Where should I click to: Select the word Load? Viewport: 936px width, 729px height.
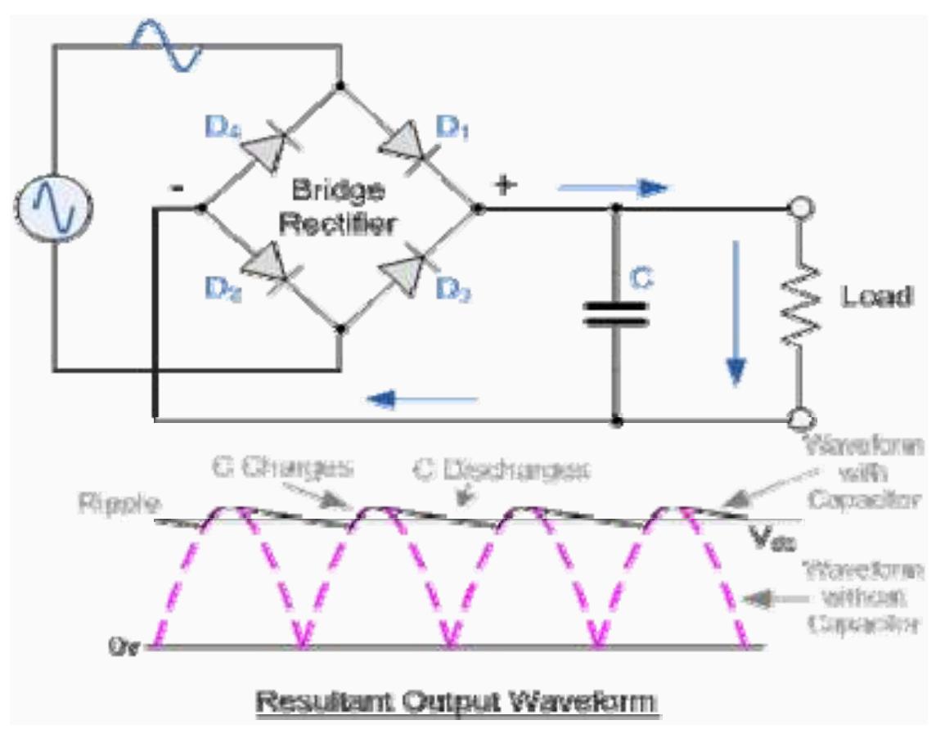pyautogui.click(x=876, y=297)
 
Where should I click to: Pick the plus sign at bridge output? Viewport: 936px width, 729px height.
pyautogui.click(x=505, y=186)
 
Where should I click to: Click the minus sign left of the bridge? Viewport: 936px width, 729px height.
pyautogui.click(x=178, y=187)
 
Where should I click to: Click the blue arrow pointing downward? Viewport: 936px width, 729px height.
pyautogui.click(x=738, y=312)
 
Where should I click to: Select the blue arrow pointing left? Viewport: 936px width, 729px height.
pyautogui.click(x=422, y=398)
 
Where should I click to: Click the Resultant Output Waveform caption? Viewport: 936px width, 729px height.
pyautogui.click(x=456, y=701)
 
